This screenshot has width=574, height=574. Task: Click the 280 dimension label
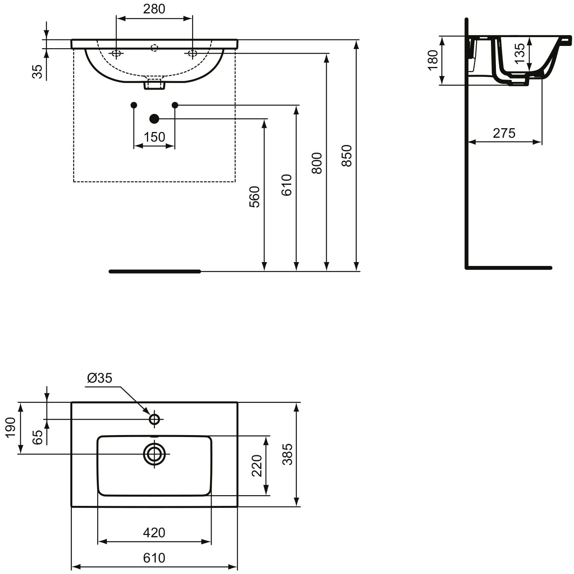pyautogui.click(x=154, y=9)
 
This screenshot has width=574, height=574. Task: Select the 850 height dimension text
pyautogui.click(x=346, y=155)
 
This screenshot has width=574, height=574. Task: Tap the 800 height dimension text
pyautogui.click(x=317, y=163)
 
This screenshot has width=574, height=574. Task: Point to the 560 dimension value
pyautogui.click(x=254, y=197)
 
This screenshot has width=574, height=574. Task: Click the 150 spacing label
pyautogui.click(x=155, y=137)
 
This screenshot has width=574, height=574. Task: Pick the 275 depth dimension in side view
pyautogui.click(x=504, y=133)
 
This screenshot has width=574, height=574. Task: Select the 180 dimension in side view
pyautogui.click(x=432, y=60)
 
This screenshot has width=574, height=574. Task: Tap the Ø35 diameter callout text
pyautogui.click(x=100, y=378)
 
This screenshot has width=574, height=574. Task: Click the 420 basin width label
pyautogui.click(x=154, y=532)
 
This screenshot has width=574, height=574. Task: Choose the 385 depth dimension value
pyautogui.click(x=287, y=454)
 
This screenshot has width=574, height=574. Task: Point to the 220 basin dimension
pyautogui.click(x=257, y=466)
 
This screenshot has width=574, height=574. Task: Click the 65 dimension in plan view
pyautogui.click(x=37, y=437)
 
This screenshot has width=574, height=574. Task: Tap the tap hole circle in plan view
pyautogui.click(x=155, y=419)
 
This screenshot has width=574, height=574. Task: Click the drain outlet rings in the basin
pyautogui.click(x=155, y=454)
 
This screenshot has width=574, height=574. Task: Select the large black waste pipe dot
pyautogui.click(x=155, y=119)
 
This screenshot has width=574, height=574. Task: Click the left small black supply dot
pyautogui.click(x=134, y=105)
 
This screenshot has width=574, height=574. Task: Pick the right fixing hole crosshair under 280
pyautogui.click(x=192, y=53)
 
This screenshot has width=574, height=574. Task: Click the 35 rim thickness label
pyautogui.click(x=37, y=71)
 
